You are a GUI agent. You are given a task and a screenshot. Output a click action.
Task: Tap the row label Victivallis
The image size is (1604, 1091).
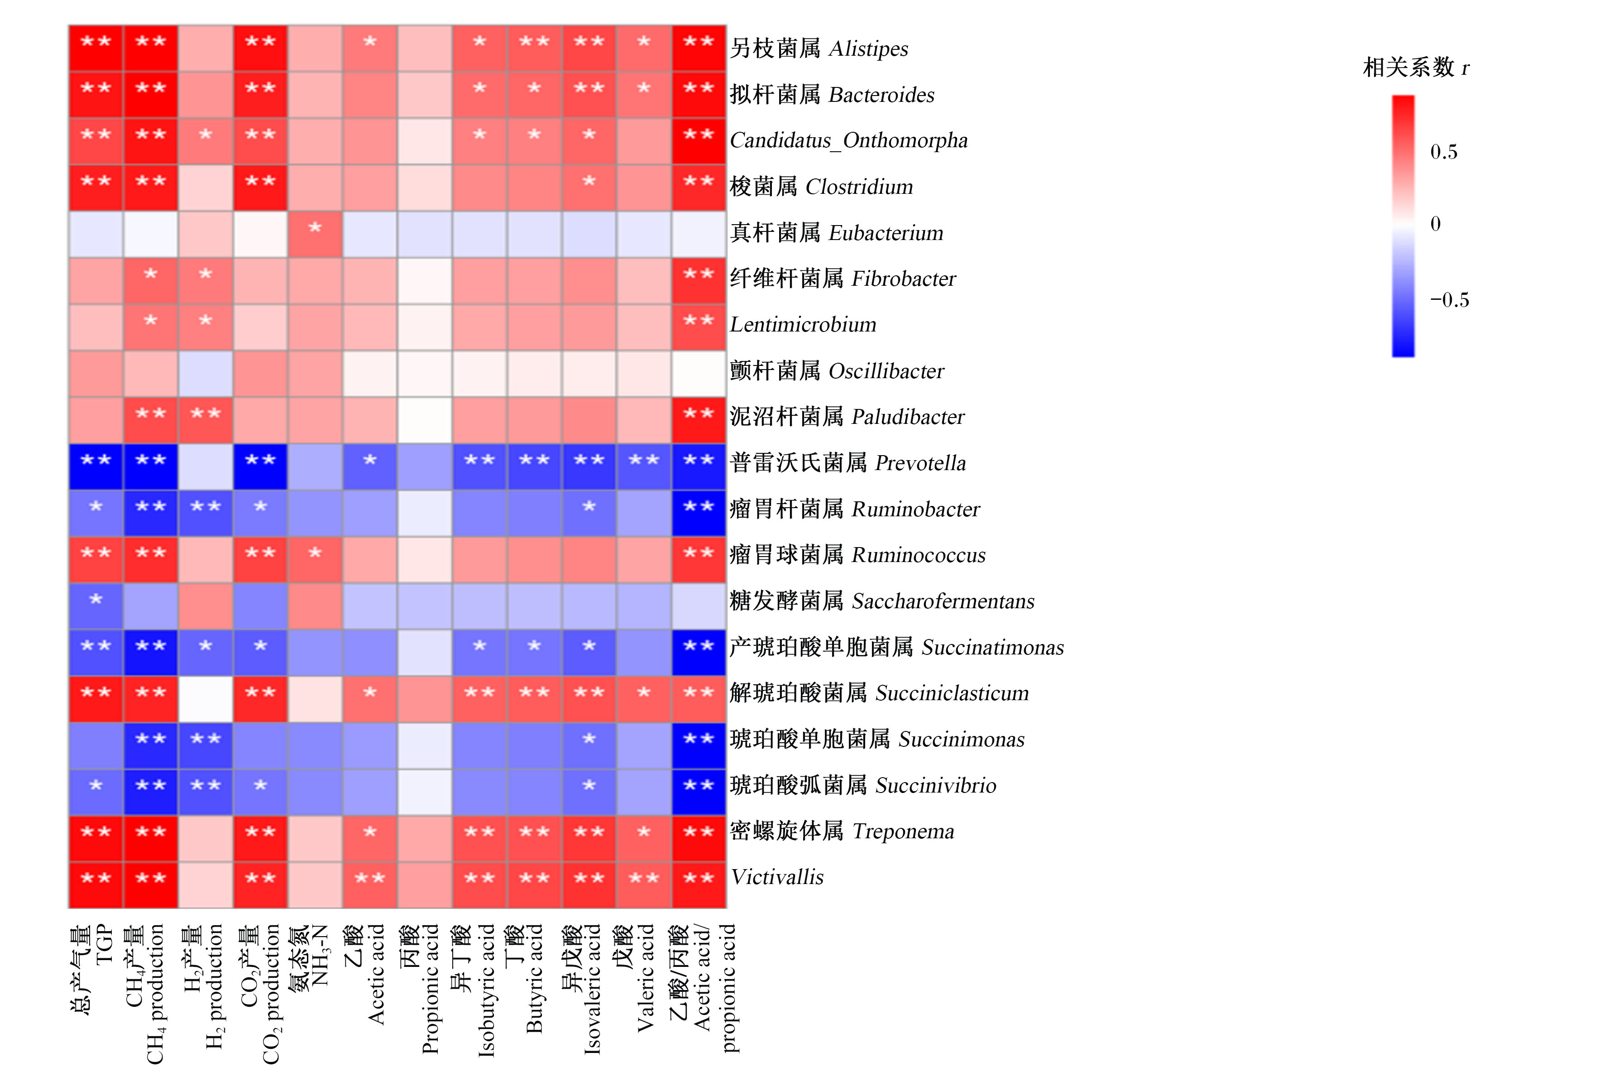777,877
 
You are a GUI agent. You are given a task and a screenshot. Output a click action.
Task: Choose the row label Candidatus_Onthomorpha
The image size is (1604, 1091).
849,141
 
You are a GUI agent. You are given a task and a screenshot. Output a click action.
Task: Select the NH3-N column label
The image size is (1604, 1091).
320,956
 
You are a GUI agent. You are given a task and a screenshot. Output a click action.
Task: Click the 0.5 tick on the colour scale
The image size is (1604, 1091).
1443,152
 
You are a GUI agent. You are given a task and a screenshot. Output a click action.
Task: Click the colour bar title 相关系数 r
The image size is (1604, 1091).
1416,67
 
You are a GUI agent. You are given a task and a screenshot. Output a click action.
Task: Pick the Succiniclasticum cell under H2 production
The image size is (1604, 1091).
206,699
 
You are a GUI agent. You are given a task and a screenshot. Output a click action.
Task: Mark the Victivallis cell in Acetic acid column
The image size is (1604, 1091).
370,884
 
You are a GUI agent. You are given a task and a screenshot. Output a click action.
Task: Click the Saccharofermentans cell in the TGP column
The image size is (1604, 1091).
96,606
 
